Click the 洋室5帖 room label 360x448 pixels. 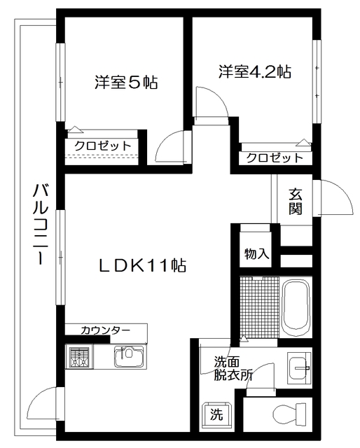coord(126,83)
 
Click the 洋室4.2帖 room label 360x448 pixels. coord(254,71)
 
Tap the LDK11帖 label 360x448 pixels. coord(141,265)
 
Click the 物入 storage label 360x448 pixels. coord(257,253)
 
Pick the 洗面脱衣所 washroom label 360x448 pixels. coord(233,369)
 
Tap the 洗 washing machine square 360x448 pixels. coord(216,414)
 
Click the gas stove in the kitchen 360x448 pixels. coord(81,358)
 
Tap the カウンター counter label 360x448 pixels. coord(105,330)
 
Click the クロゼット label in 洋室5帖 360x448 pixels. coord(103,146)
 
